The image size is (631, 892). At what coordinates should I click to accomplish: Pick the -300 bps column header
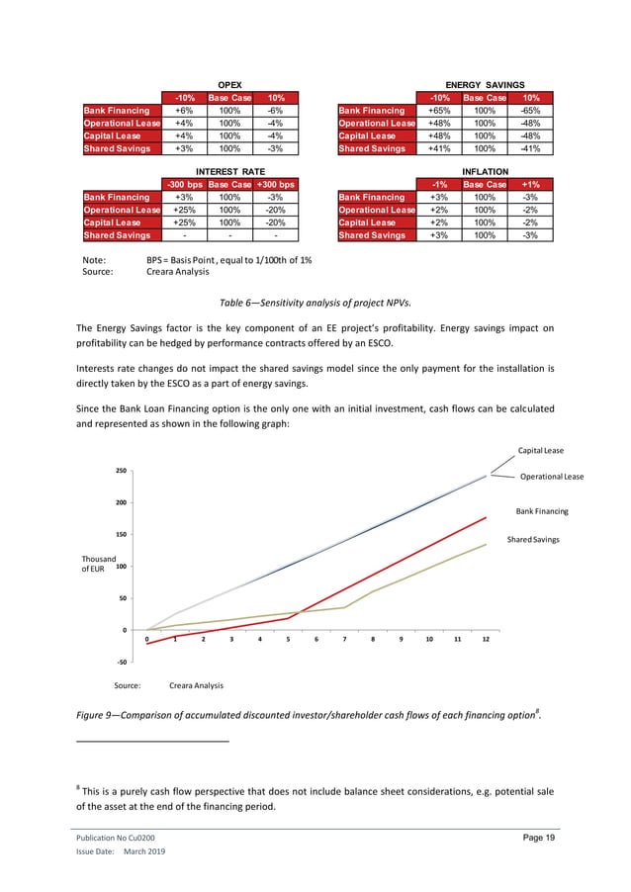coord(184,184)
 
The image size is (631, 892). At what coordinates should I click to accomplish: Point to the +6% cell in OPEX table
coord(184,111)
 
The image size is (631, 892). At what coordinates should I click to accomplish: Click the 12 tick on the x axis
coord(485,640)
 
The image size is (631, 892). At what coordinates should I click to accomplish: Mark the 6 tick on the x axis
coord(315,640)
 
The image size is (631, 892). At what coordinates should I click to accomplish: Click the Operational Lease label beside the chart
coord(552,477)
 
